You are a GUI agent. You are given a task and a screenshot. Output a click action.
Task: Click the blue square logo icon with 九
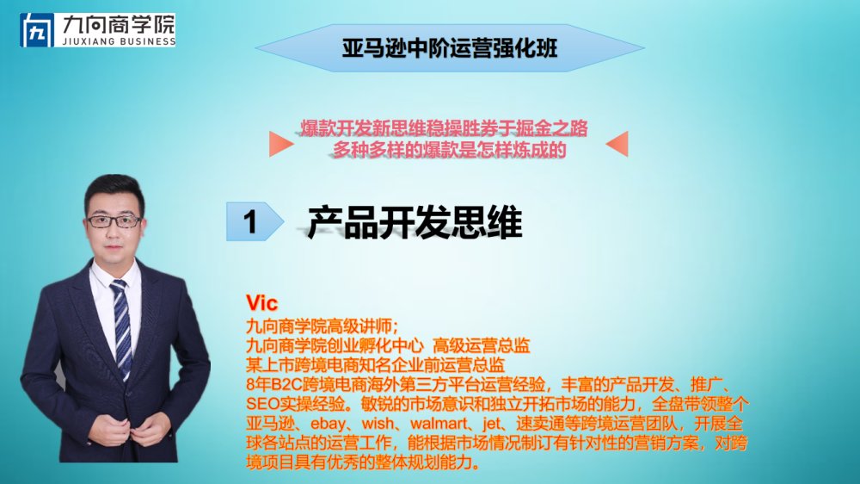37,30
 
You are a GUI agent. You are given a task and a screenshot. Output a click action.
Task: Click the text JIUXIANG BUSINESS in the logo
119,41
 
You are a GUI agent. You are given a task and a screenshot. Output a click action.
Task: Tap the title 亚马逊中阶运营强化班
450,47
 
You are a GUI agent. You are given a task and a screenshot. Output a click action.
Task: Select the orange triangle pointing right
281,144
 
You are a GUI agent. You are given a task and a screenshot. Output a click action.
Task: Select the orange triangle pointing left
617,144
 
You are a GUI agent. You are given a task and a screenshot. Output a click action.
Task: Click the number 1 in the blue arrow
250,222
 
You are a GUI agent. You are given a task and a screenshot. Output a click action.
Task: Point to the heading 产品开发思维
415,222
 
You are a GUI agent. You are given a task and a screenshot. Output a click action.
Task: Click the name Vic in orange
261,302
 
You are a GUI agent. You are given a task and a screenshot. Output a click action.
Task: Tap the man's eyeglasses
114,221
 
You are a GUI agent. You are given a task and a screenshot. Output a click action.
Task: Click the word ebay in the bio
328,424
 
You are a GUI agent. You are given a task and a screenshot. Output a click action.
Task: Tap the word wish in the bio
378,424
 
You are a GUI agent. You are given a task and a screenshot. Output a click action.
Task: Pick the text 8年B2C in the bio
271,384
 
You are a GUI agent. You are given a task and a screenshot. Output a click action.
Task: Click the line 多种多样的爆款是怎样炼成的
449,150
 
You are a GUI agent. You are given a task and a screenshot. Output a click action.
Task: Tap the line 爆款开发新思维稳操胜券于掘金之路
444,128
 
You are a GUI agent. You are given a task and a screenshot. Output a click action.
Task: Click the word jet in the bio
491,424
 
